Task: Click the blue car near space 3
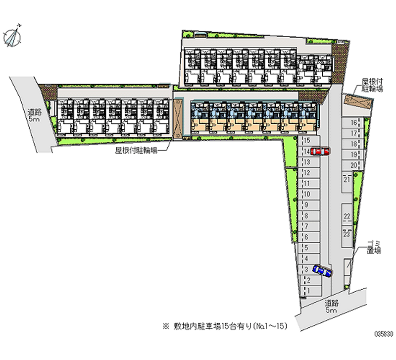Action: click(321, 271)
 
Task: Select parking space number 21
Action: click(347, 179)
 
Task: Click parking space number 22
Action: click(347, 216)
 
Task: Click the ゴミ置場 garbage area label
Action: click(374, 247)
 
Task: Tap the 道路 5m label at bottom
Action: click(332, 306)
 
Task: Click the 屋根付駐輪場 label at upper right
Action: click(371, 85)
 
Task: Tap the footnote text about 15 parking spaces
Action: click(223, 326)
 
